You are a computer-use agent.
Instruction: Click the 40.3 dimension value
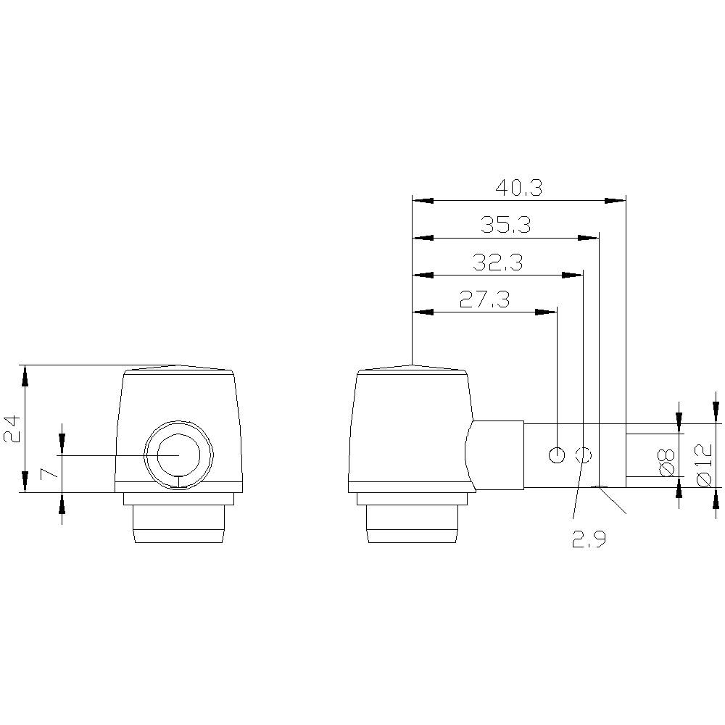pos(518,188)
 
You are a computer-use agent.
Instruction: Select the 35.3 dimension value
pos(505,225)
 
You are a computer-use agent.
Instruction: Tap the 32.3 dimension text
pos(497,262)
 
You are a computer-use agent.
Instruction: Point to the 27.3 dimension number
pos(484,299)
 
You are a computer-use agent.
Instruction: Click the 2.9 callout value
pos(588,539)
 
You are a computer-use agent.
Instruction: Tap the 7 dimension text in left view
pos(48,473)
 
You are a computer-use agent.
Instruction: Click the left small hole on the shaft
pos(557,455)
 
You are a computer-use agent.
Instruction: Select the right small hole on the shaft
pos(584,455)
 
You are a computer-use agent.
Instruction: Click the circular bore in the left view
pos(179,455)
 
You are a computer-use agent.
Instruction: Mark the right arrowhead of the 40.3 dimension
pos(616,200)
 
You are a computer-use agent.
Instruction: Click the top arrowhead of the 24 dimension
pos(25,375)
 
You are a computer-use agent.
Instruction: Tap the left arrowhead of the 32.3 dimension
pos(422,274)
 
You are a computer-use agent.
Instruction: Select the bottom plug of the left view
pos(177,523)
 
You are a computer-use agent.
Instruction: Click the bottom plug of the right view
pos(412,523)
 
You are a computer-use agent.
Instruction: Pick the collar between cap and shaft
pos(497,455)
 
